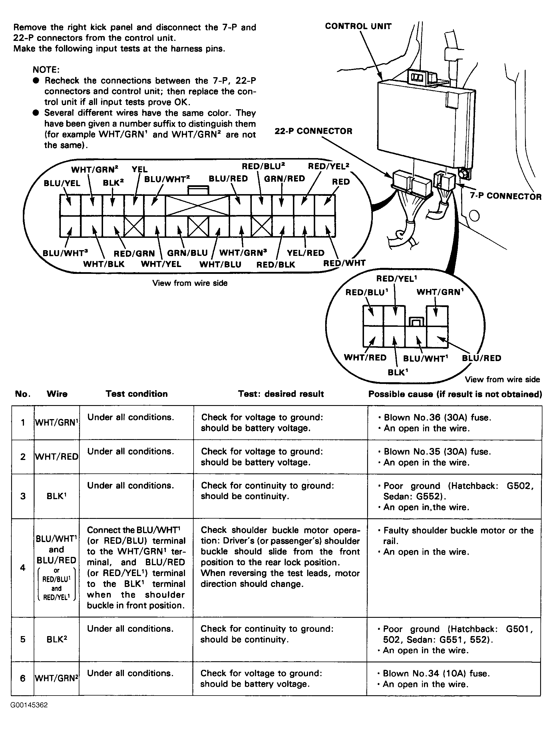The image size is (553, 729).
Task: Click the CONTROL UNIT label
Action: click(358, 26)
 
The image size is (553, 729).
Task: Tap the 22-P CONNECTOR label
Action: click(313, 131)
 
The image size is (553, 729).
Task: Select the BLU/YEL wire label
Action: click(62, 183)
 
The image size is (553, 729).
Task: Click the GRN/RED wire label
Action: click(284, 179)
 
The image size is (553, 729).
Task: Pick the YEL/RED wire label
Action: click(305, 253)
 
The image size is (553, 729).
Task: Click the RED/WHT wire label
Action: click(344, 263)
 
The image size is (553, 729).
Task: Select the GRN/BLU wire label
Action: click(187, 253)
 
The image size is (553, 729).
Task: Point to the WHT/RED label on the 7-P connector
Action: click(365, 358)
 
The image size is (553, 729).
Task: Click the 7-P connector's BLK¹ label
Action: click(398, 373)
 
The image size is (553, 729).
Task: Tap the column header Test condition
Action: click(136, 394)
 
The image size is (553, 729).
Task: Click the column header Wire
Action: click(57, 394)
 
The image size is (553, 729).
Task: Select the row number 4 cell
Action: click(23, 567)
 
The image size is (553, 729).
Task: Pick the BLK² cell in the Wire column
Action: click(57, 639)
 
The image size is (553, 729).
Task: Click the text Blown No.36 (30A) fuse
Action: click(437, 418)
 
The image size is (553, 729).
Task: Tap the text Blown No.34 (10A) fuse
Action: click(437, 673)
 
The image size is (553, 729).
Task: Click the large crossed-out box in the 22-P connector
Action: click(197, 206)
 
